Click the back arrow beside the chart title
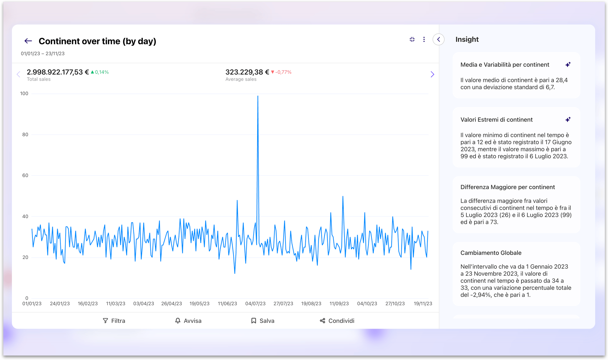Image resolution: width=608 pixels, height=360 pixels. pos(28,41)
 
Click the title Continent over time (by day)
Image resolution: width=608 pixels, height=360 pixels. pos(97,41)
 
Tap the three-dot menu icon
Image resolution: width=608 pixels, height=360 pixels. pos(424,40)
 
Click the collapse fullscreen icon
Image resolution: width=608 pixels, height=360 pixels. pos(412,40)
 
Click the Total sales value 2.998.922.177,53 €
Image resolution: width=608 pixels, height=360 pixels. pos(58,72)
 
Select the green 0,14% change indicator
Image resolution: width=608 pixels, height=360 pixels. pos(100,72)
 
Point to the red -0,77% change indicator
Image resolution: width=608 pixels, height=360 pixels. pos(281,72)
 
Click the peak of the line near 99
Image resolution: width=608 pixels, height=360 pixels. pos(258,96)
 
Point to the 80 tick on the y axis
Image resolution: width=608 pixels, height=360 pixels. pos(25,135)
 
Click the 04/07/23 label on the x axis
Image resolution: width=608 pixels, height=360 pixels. pos(255,304)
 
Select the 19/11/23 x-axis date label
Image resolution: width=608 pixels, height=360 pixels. pos(423,304)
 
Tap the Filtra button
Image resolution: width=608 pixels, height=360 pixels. pos(114,321)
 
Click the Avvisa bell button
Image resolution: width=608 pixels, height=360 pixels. pos(188,321)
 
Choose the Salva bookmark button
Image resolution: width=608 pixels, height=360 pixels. pos(263,321)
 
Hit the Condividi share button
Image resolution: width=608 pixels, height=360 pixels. pos(337,321)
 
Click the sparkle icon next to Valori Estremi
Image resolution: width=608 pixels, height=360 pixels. pos(568,119)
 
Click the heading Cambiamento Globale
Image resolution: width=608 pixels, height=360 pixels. pos(491,253)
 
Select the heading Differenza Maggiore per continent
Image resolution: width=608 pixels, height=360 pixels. pos(507,187)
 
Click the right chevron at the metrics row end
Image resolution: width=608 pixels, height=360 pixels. pos(432,74)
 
